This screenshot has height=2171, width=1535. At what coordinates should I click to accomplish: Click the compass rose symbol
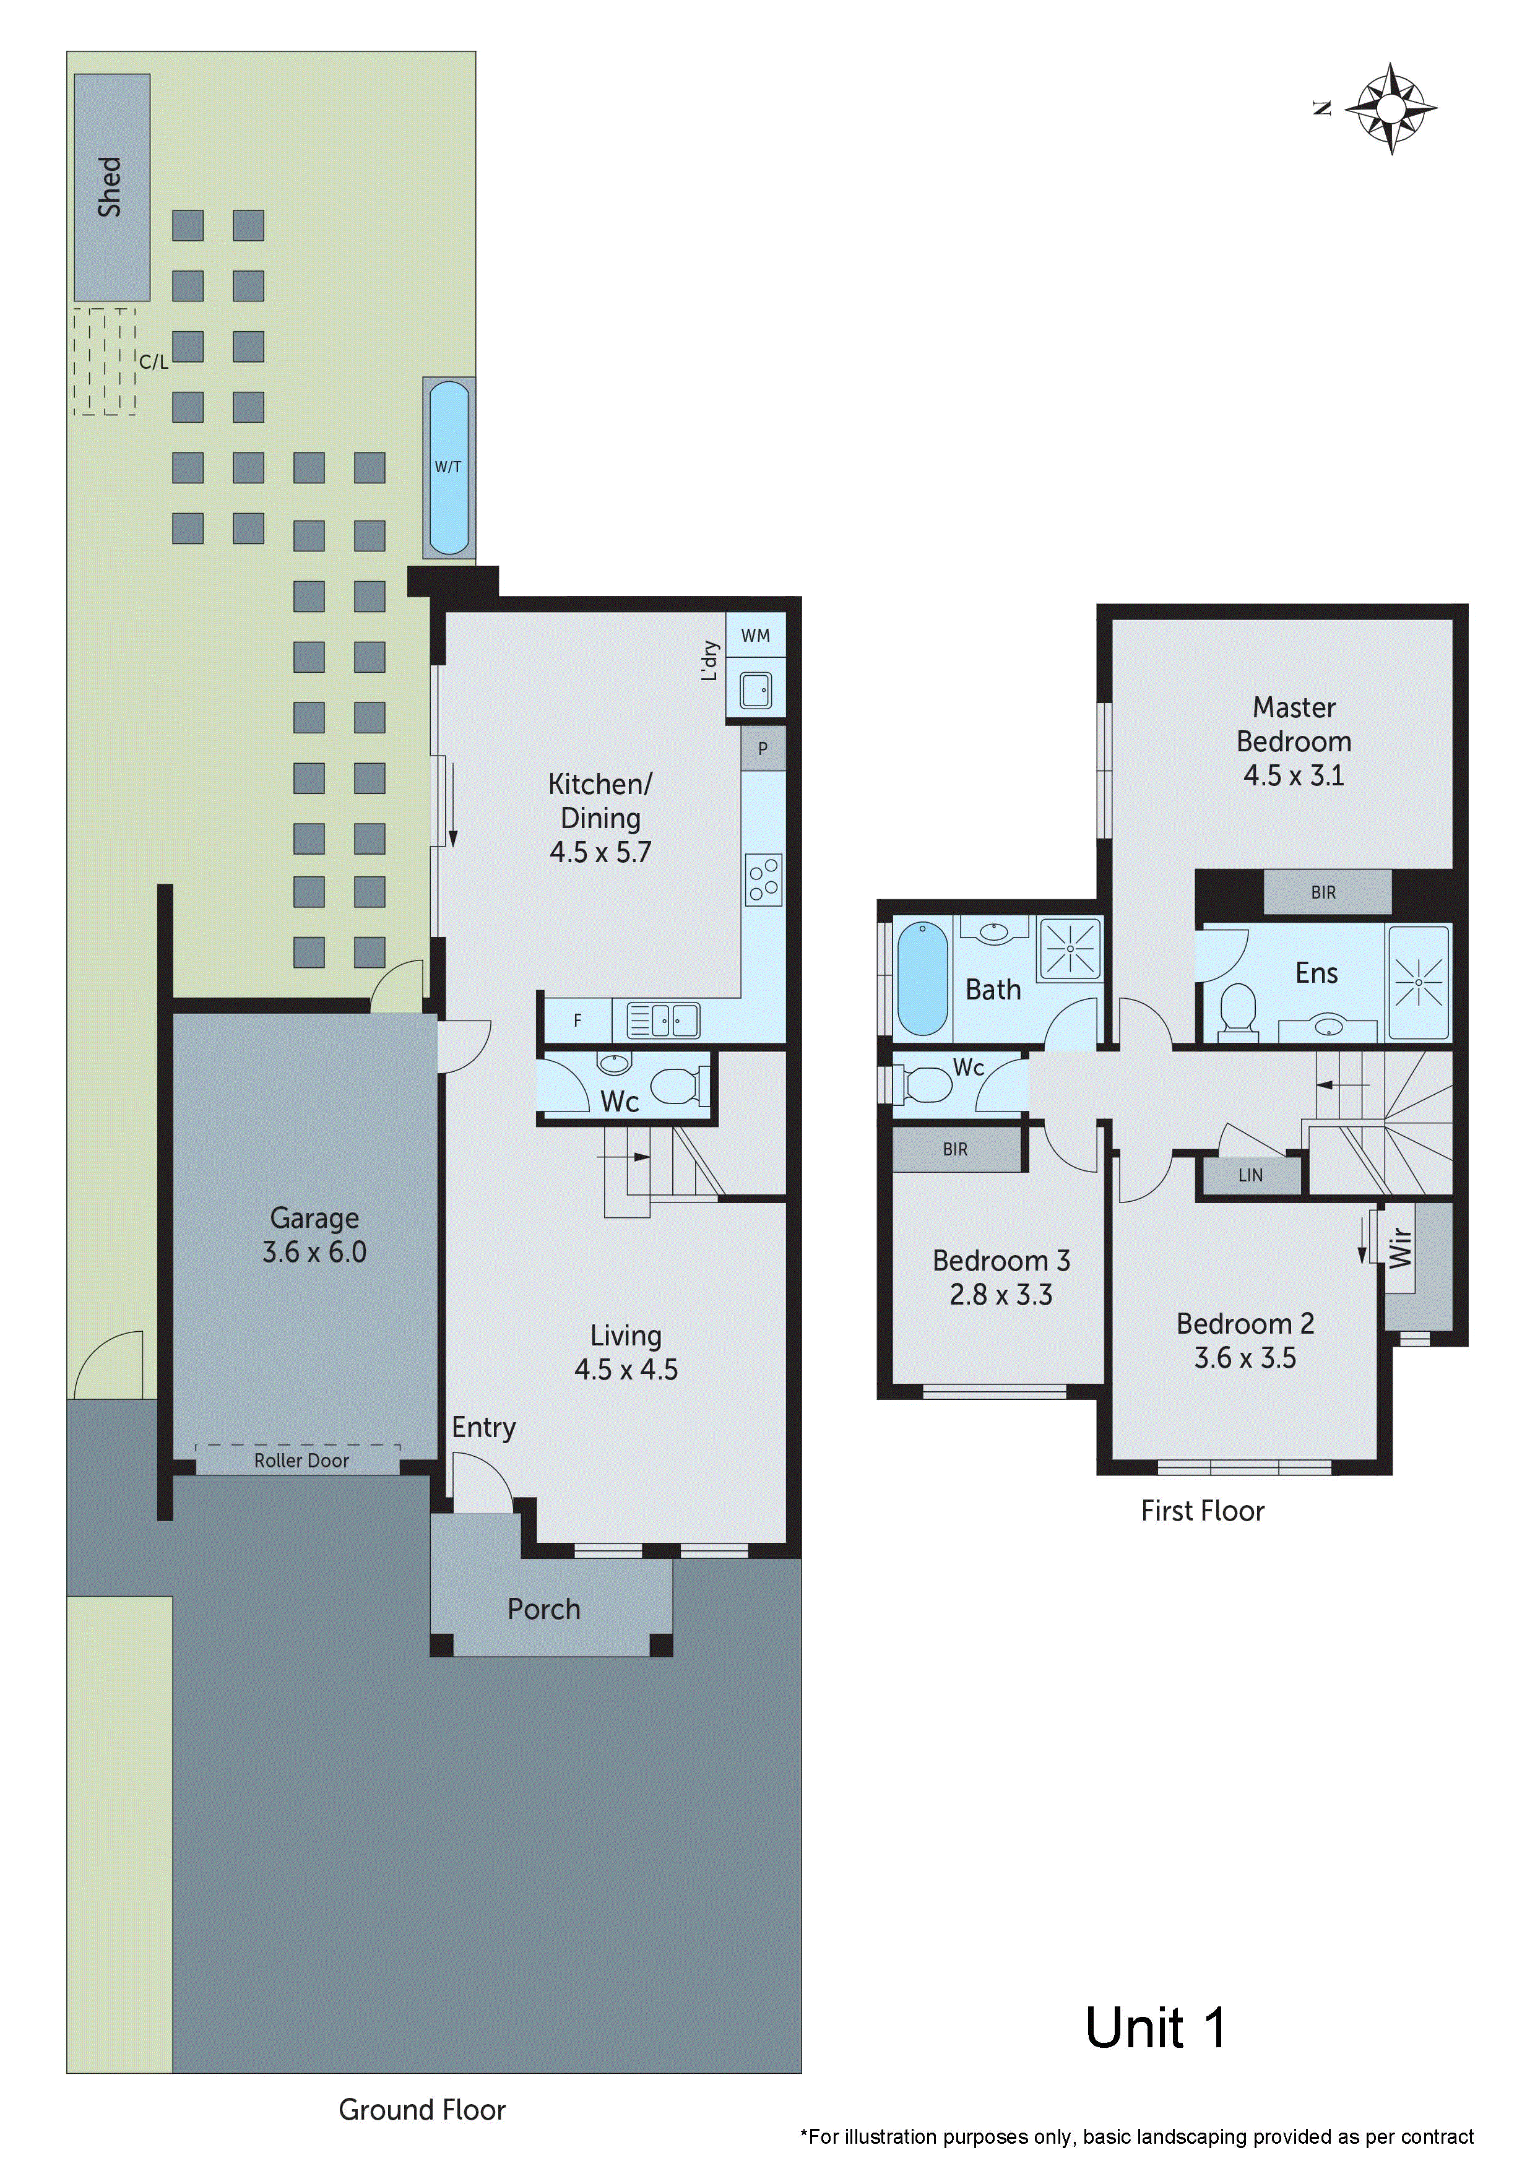tap(1390, 109)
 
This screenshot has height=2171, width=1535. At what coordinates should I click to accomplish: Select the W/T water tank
tap(448, 467)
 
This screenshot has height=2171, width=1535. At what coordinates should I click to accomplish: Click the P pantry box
tap(763, 749)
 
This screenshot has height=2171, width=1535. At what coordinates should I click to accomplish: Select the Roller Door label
tap(301, 1461)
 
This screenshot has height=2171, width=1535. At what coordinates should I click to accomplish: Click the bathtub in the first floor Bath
tap(920, 980)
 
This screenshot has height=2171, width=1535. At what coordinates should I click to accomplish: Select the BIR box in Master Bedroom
tap(1323, 892)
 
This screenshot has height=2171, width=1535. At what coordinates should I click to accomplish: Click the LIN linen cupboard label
tap(1250, 1175)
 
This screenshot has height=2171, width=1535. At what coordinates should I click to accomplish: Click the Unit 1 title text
tap(1155, 2028)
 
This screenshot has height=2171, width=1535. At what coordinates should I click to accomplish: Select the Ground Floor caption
tap(422, 2110)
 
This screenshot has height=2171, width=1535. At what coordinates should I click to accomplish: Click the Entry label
tap(483, 1427)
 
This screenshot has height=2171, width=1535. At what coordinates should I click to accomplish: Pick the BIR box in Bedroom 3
tap(954, 1149)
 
